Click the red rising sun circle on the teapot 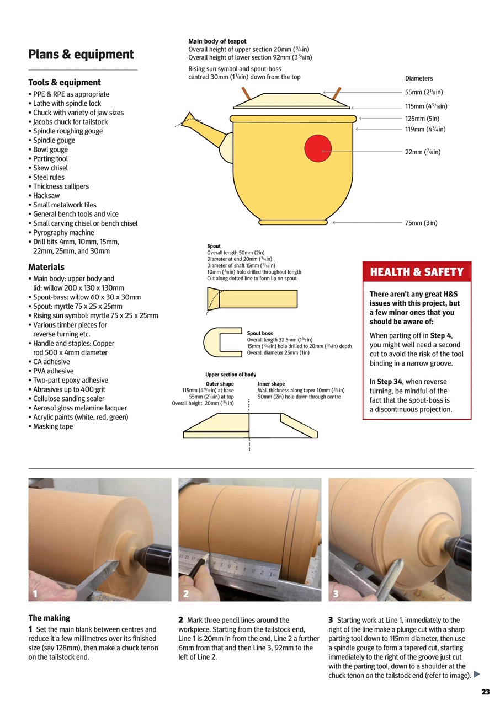(318, 148)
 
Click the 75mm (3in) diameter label (421, 223)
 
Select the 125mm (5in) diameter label (422, 119)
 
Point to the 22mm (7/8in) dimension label (422, 152)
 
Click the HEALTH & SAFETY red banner (417, 272)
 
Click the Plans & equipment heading (81, 54)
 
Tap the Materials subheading (46, 267)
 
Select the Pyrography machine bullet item (63, 233)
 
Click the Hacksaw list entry (46, 196)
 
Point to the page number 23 (485, 692)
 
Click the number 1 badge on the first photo (35, 593)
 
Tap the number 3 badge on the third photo (336, 593)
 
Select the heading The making (49, 618)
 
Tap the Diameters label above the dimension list (419, 78)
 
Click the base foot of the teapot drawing (293, 223)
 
